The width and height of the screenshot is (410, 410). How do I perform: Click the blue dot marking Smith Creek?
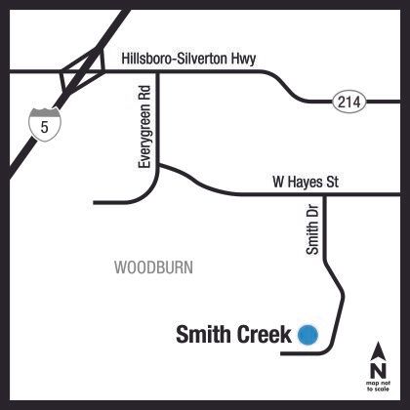click(307, 335)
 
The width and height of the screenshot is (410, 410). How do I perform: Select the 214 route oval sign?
click(348, 101)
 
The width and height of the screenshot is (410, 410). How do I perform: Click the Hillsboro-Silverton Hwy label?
click(188, 60)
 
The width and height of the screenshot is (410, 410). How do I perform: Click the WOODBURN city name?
click(153, 266)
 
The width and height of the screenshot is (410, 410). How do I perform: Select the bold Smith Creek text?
click(234, 335)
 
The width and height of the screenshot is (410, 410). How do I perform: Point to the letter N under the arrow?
click(377, 369)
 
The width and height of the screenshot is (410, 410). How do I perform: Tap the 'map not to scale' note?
click(377, 386)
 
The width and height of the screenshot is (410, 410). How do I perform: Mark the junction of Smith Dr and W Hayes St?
click(324, 195)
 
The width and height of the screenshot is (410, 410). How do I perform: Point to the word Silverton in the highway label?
click(199, 60)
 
